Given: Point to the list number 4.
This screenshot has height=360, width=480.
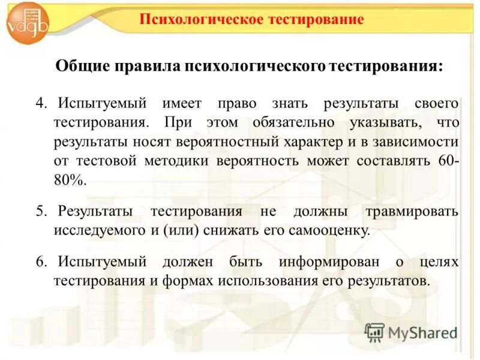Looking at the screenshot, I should click(41, 103).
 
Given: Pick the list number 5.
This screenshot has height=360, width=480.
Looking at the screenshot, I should click(41, 211).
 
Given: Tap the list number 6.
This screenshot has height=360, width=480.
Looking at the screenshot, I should click(41, 262).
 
